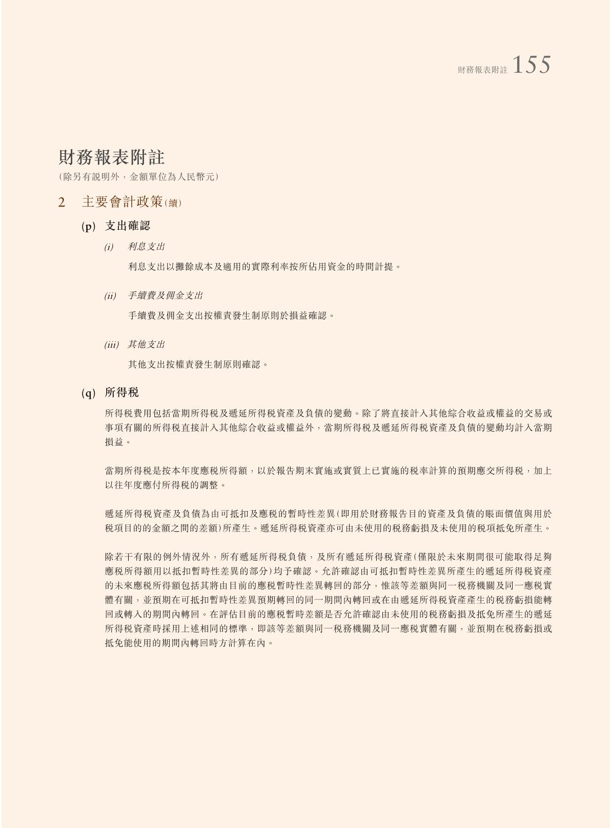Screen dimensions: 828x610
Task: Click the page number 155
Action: (531, 66)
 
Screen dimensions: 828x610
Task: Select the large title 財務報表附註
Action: (111, 157)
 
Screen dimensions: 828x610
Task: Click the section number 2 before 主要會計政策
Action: (62, 203)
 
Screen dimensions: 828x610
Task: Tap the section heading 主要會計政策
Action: (122, 202)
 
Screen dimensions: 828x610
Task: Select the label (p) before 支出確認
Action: (89, 226)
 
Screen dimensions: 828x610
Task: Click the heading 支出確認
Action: (127, 226)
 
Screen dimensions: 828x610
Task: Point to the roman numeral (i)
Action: (109, 247)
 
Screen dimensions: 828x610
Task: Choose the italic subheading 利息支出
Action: (146, 247)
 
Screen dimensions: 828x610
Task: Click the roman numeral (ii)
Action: (110, 296)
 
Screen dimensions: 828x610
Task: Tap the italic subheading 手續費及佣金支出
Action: (165, 295)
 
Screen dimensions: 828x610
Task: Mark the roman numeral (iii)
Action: (112, 345)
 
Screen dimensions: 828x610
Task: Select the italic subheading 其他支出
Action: (146, 345)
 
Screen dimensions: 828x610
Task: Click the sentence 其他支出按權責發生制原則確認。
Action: (198, 365)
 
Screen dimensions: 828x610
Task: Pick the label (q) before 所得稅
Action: (89, 393)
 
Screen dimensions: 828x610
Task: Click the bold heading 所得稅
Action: (121, 393)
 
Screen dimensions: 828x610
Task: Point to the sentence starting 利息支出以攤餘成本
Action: (264, 267)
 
